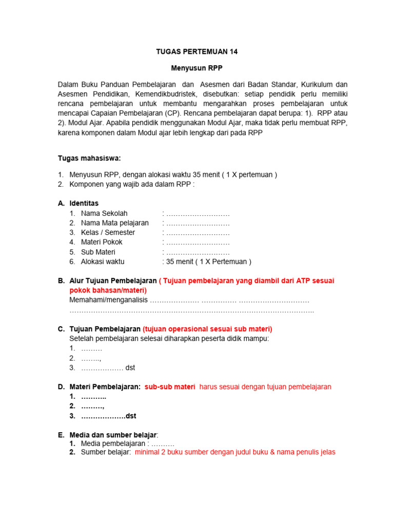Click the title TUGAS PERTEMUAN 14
pyautogui.click(x=197, y=52)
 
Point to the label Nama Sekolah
pyautogui.click(x=104, y=213)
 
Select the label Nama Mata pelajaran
pyautogui.click(x=114, y=223)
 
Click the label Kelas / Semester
pyautogui.click(x=108, y=232)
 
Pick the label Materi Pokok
pyautogui.click(x=102, y=242)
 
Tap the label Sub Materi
pyautogui.click(x=98, y=252)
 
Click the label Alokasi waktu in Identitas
pyautogui.click(x=103, y=261)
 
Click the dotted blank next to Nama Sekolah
pyautogui.click(x=198, y=213)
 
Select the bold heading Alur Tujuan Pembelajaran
pyautogui.click(x=113, y=280)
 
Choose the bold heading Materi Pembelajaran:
pyautogui.click(x=105, y=387)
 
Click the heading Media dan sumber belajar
pyautogui.click(x=113, y=435)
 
